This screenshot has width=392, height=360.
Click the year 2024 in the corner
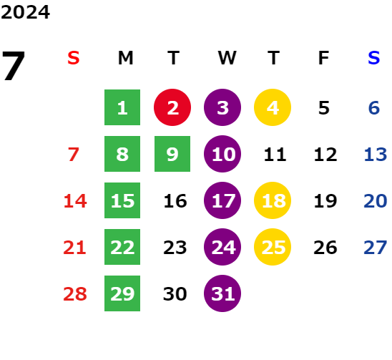25,12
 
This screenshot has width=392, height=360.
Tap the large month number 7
14,66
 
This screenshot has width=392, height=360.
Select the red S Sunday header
74,58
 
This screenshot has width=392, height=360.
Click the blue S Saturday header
373,58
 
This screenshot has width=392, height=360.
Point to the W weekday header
227,58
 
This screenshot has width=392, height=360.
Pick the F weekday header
323,58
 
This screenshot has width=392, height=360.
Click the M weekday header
125,58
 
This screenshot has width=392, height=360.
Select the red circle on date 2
172,107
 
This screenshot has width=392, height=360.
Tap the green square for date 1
122,107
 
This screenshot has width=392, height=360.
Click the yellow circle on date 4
273,107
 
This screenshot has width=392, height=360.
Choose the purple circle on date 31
222,293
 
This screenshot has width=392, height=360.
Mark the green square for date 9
172,154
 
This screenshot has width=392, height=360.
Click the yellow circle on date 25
273,247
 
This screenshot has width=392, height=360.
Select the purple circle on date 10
222,154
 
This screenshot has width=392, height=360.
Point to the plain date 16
175,201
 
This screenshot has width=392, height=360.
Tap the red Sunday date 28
75,293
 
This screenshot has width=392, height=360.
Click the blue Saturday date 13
376,155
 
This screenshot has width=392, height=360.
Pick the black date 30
175,293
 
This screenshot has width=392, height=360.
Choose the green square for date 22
122,247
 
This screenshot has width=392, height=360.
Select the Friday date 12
325,155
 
